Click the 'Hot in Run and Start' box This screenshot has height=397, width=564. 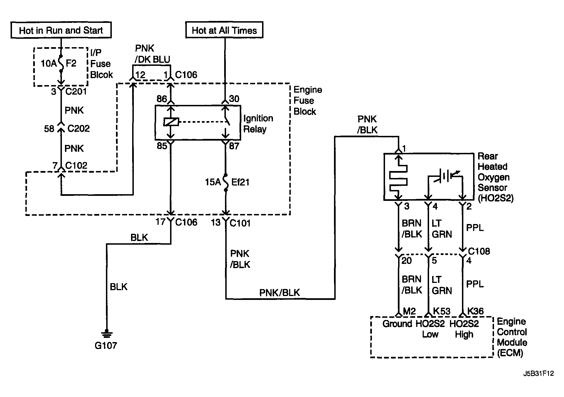[x=61, y=30]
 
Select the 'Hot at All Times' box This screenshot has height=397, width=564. [x=224, y=30]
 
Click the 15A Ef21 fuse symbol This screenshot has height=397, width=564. [x=226, y=182]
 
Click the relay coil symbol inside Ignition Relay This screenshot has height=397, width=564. [x=171, y=122]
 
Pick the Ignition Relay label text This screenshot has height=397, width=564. [x=258, y=124]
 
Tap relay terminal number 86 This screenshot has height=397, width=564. [x=162, y=99]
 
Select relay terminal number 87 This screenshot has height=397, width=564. [x=234, y=146]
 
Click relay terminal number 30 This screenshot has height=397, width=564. [x=234, y=99]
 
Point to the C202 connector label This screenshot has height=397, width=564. [x=79, y=129]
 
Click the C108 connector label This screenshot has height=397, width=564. [x=479, y=251]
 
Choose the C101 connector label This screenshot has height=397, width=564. [x=240, y=223]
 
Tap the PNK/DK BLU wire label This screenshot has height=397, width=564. [x=152, y=54]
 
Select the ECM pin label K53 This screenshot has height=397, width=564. [x=442, y=311]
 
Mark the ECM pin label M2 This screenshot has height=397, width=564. [x=410, y=311]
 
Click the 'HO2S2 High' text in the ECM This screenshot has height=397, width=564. [x=464, y=329]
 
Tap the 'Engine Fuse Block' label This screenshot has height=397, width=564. [x=308, y=101]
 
